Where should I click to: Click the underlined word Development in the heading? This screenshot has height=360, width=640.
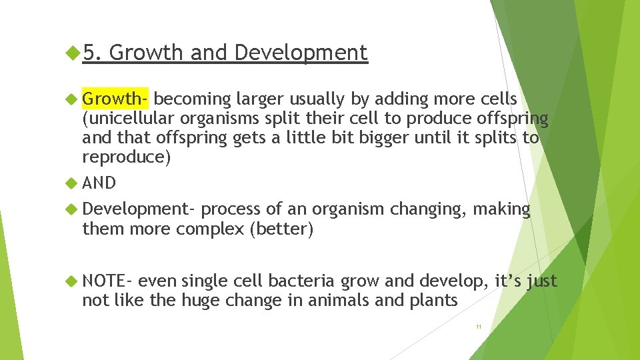pyautogui.click(x=301, y=53)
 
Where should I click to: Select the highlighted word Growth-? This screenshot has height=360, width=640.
pyautogui.click(x=115, y=99)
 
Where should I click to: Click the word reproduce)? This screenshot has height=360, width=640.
pyautogui.click(x=126, y=157)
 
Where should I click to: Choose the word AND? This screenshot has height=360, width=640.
pyautogui.click(x=99, y=183)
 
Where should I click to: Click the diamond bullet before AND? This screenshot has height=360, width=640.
pyautogui.click(x=73, y=183)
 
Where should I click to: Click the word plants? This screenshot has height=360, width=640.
pyautogui.click(x=434, y=301)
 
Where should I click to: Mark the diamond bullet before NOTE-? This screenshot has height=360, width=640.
pyautogui.click(x=73, y=281)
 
